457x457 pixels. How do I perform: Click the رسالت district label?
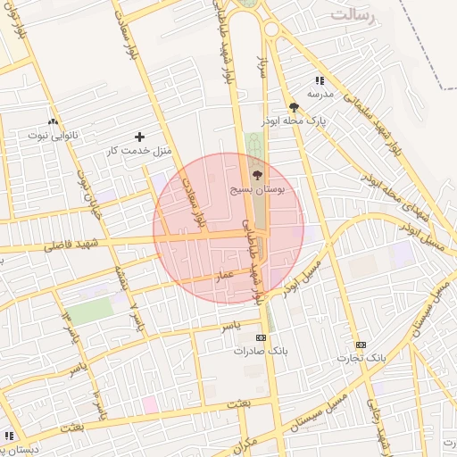(x=354, y=15)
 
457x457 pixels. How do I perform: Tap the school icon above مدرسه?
(x=320, y=80)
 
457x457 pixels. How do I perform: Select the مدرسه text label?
(x=320, y=93)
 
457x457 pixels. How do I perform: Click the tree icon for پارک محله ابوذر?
(x=294, y=107)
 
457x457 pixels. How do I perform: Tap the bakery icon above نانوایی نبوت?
(x=53, y=122)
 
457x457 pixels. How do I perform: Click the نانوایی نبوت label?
(x=53, y=135)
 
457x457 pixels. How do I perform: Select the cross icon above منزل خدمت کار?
(x=138, y=137)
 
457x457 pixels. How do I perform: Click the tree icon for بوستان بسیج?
(x=258, y=176)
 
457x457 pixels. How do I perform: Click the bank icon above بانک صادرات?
(x=261, y=337)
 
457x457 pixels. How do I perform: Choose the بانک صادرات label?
(x=261, y=351)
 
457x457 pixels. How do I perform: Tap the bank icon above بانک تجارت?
(x=361, y=345)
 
